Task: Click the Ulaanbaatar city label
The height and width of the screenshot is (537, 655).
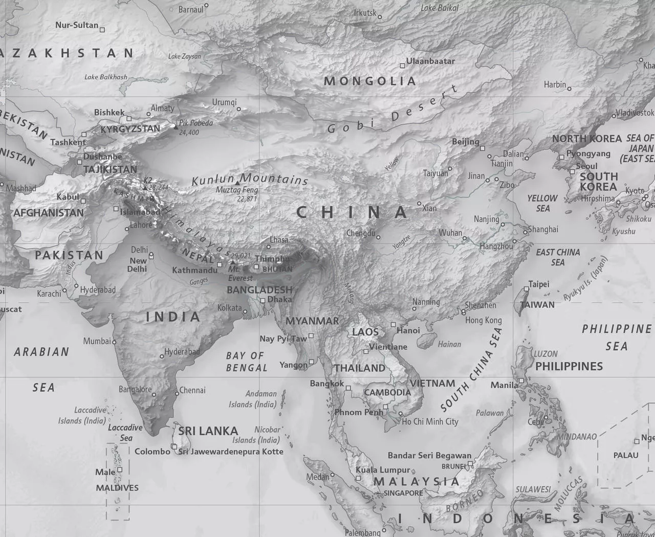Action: click(x=430, y=61)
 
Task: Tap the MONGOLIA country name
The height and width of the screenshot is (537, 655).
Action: click(x=370, y=81)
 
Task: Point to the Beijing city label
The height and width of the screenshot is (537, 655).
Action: click(x=466, y=142)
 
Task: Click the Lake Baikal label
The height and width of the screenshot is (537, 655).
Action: click(x=440, y=8)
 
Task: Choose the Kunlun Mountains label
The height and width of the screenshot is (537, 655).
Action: click(x=250, y=179)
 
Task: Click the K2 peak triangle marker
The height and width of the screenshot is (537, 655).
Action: click(x=145, y=188)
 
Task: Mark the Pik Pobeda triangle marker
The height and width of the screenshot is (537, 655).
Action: click(x=176, y=126)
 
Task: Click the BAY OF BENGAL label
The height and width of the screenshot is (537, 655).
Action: click(x=247, y=362)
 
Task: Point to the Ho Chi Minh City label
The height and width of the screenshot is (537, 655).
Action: click(x=430, y=422)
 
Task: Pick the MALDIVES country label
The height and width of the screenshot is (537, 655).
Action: click(x=117, y=488)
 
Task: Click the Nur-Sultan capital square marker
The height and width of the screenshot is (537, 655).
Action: click(x=102, y=30)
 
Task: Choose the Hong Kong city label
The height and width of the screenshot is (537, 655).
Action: click(x=483, y=320)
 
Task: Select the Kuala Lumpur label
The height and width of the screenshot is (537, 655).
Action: click(x=383, y=470)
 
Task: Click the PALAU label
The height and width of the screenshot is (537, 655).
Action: click(x=626, y=455)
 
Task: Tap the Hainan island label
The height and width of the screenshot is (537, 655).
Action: click(x=449, y=344)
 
